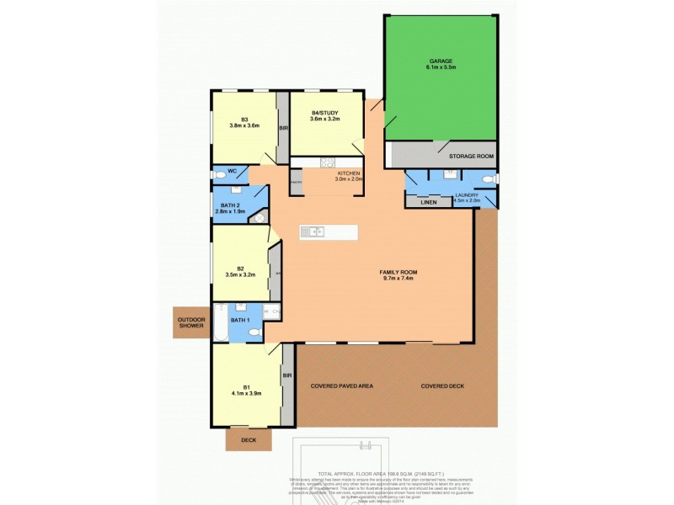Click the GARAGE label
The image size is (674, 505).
441,61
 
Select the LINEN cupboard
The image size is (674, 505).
429,202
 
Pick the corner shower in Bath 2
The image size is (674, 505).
260,218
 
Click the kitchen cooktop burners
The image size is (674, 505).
328,162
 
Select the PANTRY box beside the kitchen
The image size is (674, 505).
296,183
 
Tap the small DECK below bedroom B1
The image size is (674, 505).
249,439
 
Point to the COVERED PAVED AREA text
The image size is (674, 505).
341,385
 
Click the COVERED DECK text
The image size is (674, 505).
442,385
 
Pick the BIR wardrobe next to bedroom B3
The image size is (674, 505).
284,129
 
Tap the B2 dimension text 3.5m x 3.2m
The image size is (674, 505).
240,274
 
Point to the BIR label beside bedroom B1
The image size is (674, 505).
286,375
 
